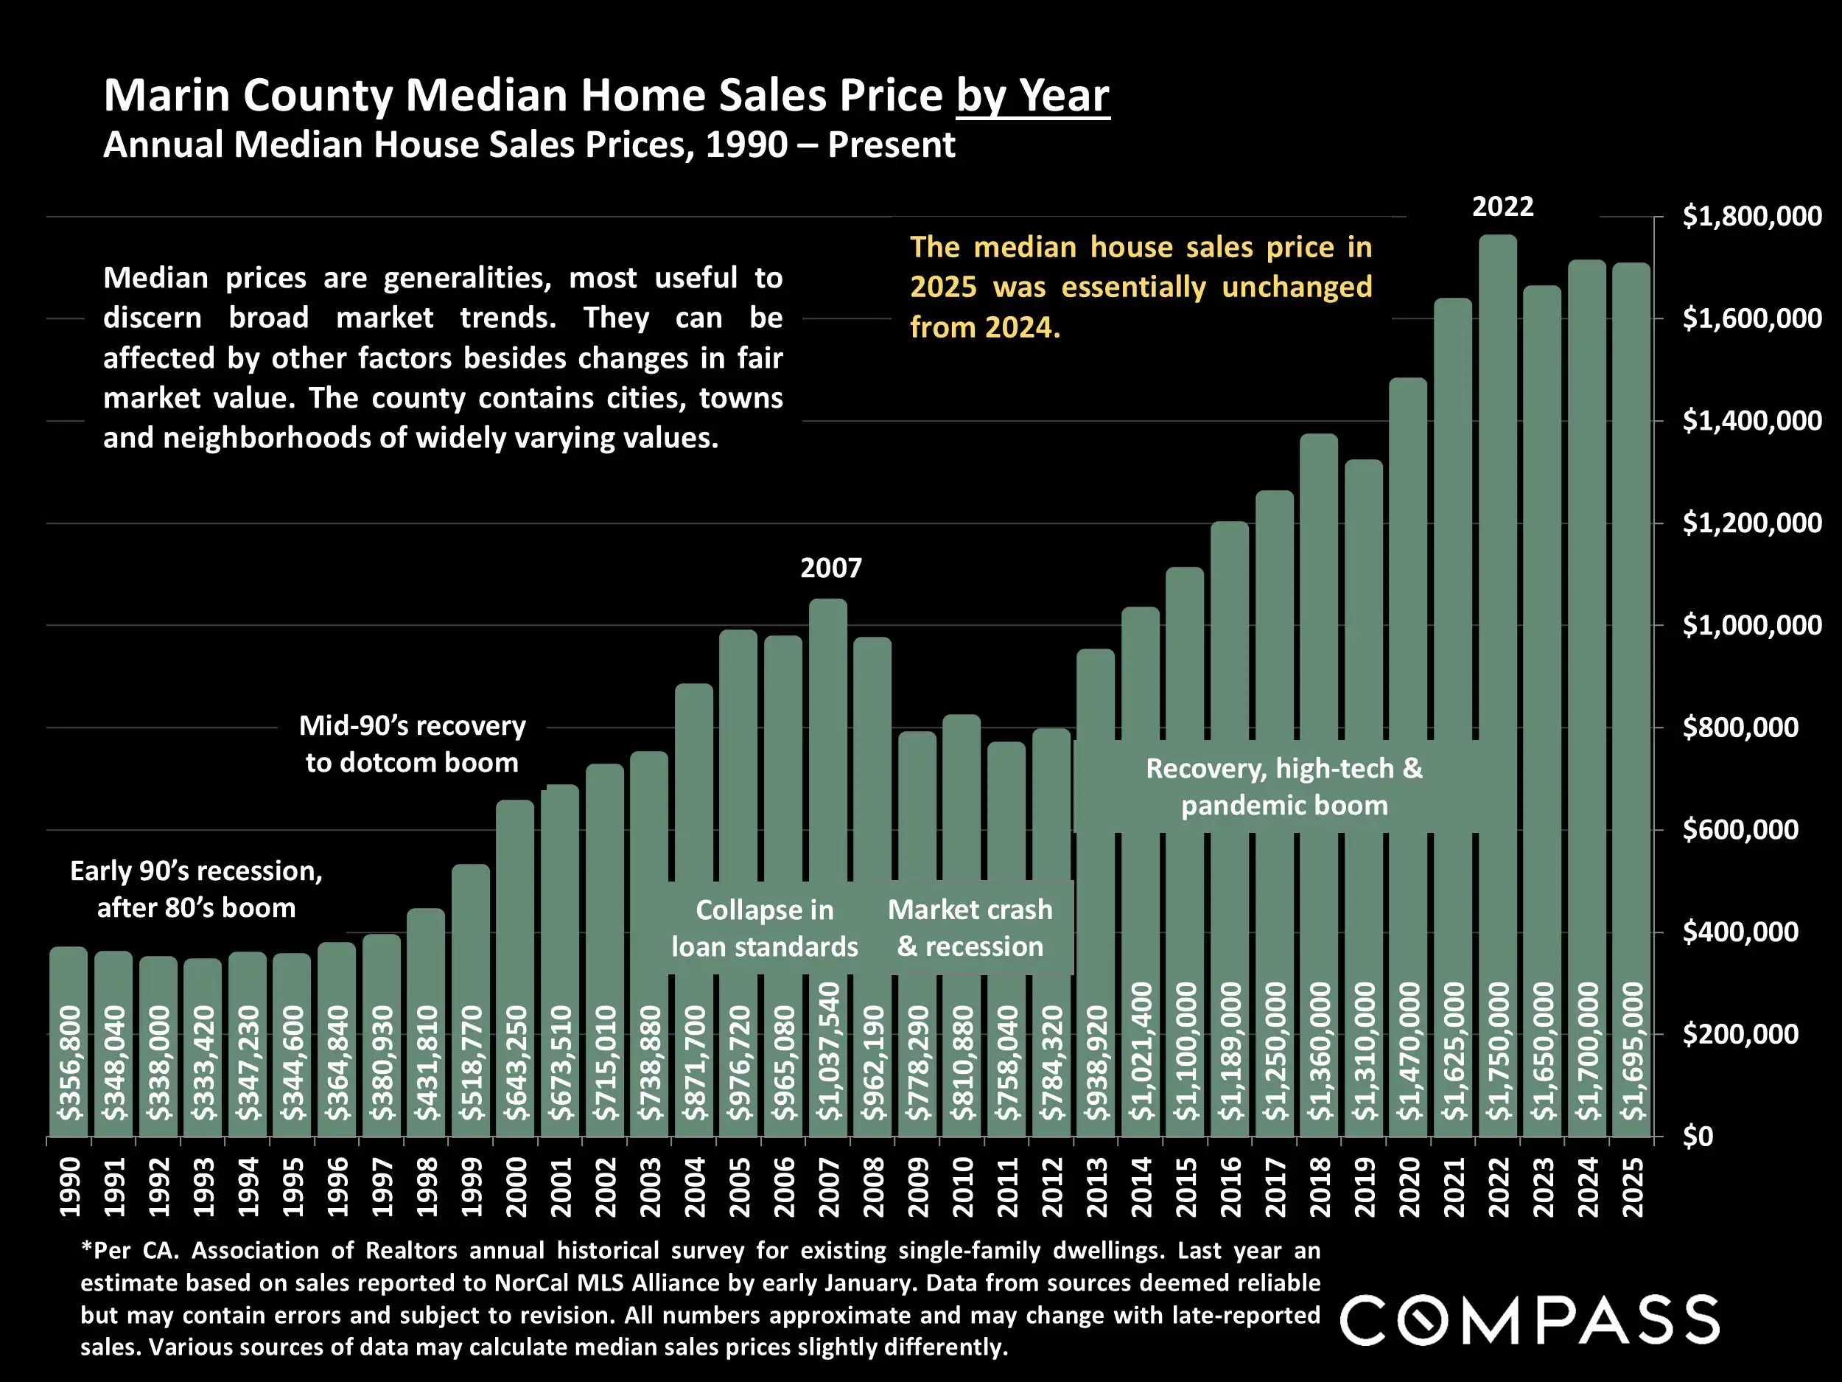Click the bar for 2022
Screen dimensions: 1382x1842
1497,583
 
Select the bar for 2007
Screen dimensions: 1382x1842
827,750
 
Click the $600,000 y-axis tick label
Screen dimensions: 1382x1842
1740,830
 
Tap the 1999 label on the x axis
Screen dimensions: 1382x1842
471,1187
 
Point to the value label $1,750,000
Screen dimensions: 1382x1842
1498,1051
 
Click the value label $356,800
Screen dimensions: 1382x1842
69,1063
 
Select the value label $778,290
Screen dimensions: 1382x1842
917,1063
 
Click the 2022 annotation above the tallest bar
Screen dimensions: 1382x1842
1502,206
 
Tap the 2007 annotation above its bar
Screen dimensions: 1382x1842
830,568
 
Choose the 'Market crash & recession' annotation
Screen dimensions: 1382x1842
970,928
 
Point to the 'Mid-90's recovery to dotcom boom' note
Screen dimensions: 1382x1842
412,744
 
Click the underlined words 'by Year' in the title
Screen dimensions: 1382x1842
1032,96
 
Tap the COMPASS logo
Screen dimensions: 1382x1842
1529,1320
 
